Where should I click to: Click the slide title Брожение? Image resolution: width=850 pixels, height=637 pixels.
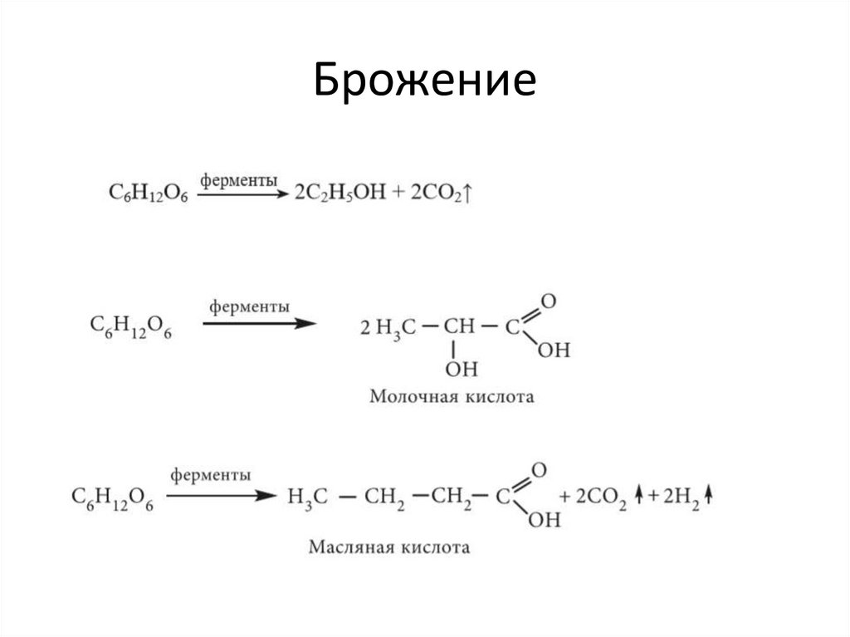pyautogui.click(x=424, y=85)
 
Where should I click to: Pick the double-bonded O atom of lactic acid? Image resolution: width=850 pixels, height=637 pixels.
pyautogui.click(x=548, y=300)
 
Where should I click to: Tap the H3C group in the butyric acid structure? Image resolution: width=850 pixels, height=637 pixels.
pyautogui.click(x=308, y=497)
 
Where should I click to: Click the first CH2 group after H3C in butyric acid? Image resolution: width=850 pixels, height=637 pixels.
pyautogui.click(x=384, y=497)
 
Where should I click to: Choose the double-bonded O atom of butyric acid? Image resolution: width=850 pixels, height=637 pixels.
pyautogui.click(x=539, y=470)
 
